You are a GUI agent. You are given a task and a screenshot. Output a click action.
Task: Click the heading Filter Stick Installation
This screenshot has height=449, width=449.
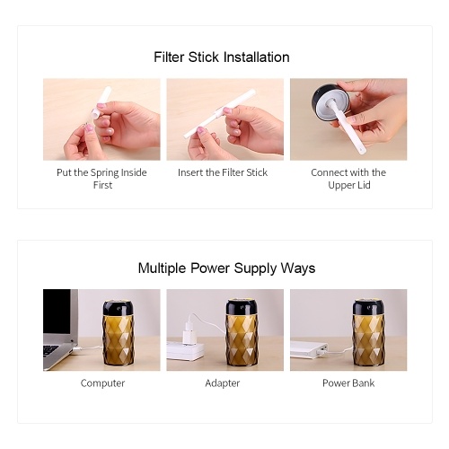(x=222, y=57)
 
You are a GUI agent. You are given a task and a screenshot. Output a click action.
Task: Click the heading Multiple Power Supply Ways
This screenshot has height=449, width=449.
(x=226, y=269)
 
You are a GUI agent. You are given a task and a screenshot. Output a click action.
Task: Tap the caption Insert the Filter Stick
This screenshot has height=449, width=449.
(x=223, y=172)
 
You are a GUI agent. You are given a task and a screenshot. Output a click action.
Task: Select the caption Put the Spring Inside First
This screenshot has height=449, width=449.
(x=101, y=179)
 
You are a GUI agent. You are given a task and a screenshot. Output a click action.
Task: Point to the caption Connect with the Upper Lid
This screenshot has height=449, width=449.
(x=348, y=179)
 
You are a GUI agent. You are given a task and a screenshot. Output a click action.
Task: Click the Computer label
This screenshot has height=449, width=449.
(x=102, y=383)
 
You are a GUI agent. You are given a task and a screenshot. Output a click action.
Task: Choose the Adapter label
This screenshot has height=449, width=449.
(x=223, y=383)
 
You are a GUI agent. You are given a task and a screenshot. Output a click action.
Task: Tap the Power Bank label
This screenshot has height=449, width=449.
(x=348, y=383)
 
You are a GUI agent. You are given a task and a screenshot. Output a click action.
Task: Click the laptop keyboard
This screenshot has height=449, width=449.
(x=50, y=350)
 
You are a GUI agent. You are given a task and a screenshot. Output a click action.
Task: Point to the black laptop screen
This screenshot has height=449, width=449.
(x=57, y=312)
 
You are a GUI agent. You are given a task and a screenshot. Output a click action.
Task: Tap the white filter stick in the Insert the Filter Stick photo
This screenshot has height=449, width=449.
(x=220, y=113)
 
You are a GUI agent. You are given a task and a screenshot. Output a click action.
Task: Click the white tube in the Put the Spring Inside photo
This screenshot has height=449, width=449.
(x=101, y=102)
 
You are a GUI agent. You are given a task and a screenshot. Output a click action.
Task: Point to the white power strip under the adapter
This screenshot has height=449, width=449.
(x=186, y=351)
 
